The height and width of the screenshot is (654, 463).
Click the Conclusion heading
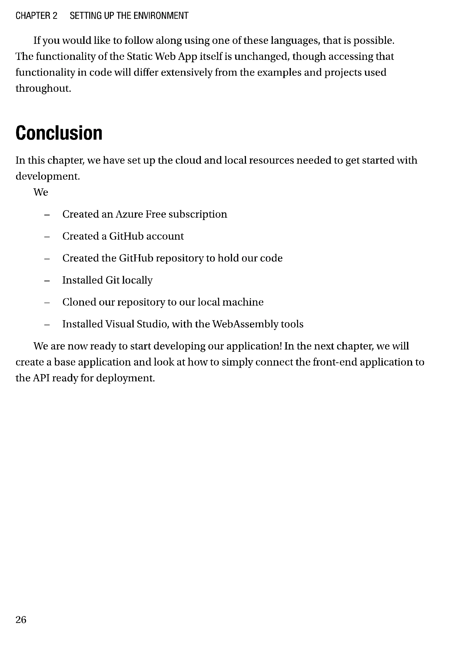[59, 133]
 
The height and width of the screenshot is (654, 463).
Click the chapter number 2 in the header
[55, 16]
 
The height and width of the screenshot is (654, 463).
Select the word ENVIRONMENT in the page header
[161, 16]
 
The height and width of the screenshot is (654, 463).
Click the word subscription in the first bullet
[198, 214]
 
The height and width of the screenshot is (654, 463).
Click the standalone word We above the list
[41, 192]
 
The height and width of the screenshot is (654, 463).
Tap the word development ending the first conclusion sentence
[47, 176]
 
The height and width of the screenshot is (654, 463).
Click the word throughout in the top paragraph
[43, 89]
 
